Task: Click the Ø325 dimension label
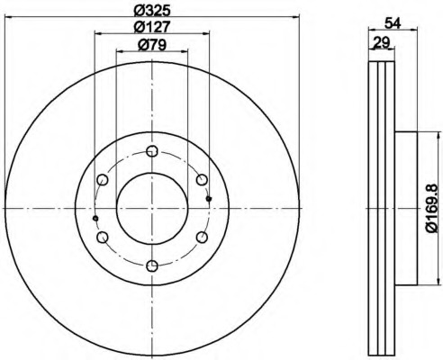pyautogui.click(x=152, y=11)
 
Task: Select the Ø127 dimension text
pyautogui.click(x=152, y=27)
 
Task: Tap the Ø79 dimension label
pyautogui.click(x=152, y=45)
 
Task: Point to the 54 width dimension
pyautogui.click(x=393, y=23)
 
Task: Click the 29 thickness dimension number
pyautogui.click(x=381, y=42)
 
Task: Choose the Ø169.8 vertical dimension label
pyautogui.click(x=433, y=209)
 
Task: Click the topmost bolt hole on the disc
pyautogui.click(x=152, y=151)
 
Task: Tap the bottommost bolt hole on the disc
pyautogui.click(x=152, y=265)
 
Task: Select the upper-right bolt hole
pyautogui.click(x=202, y=180)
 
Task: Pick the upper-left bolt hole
pyautogui.click(x=103, y=180)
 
